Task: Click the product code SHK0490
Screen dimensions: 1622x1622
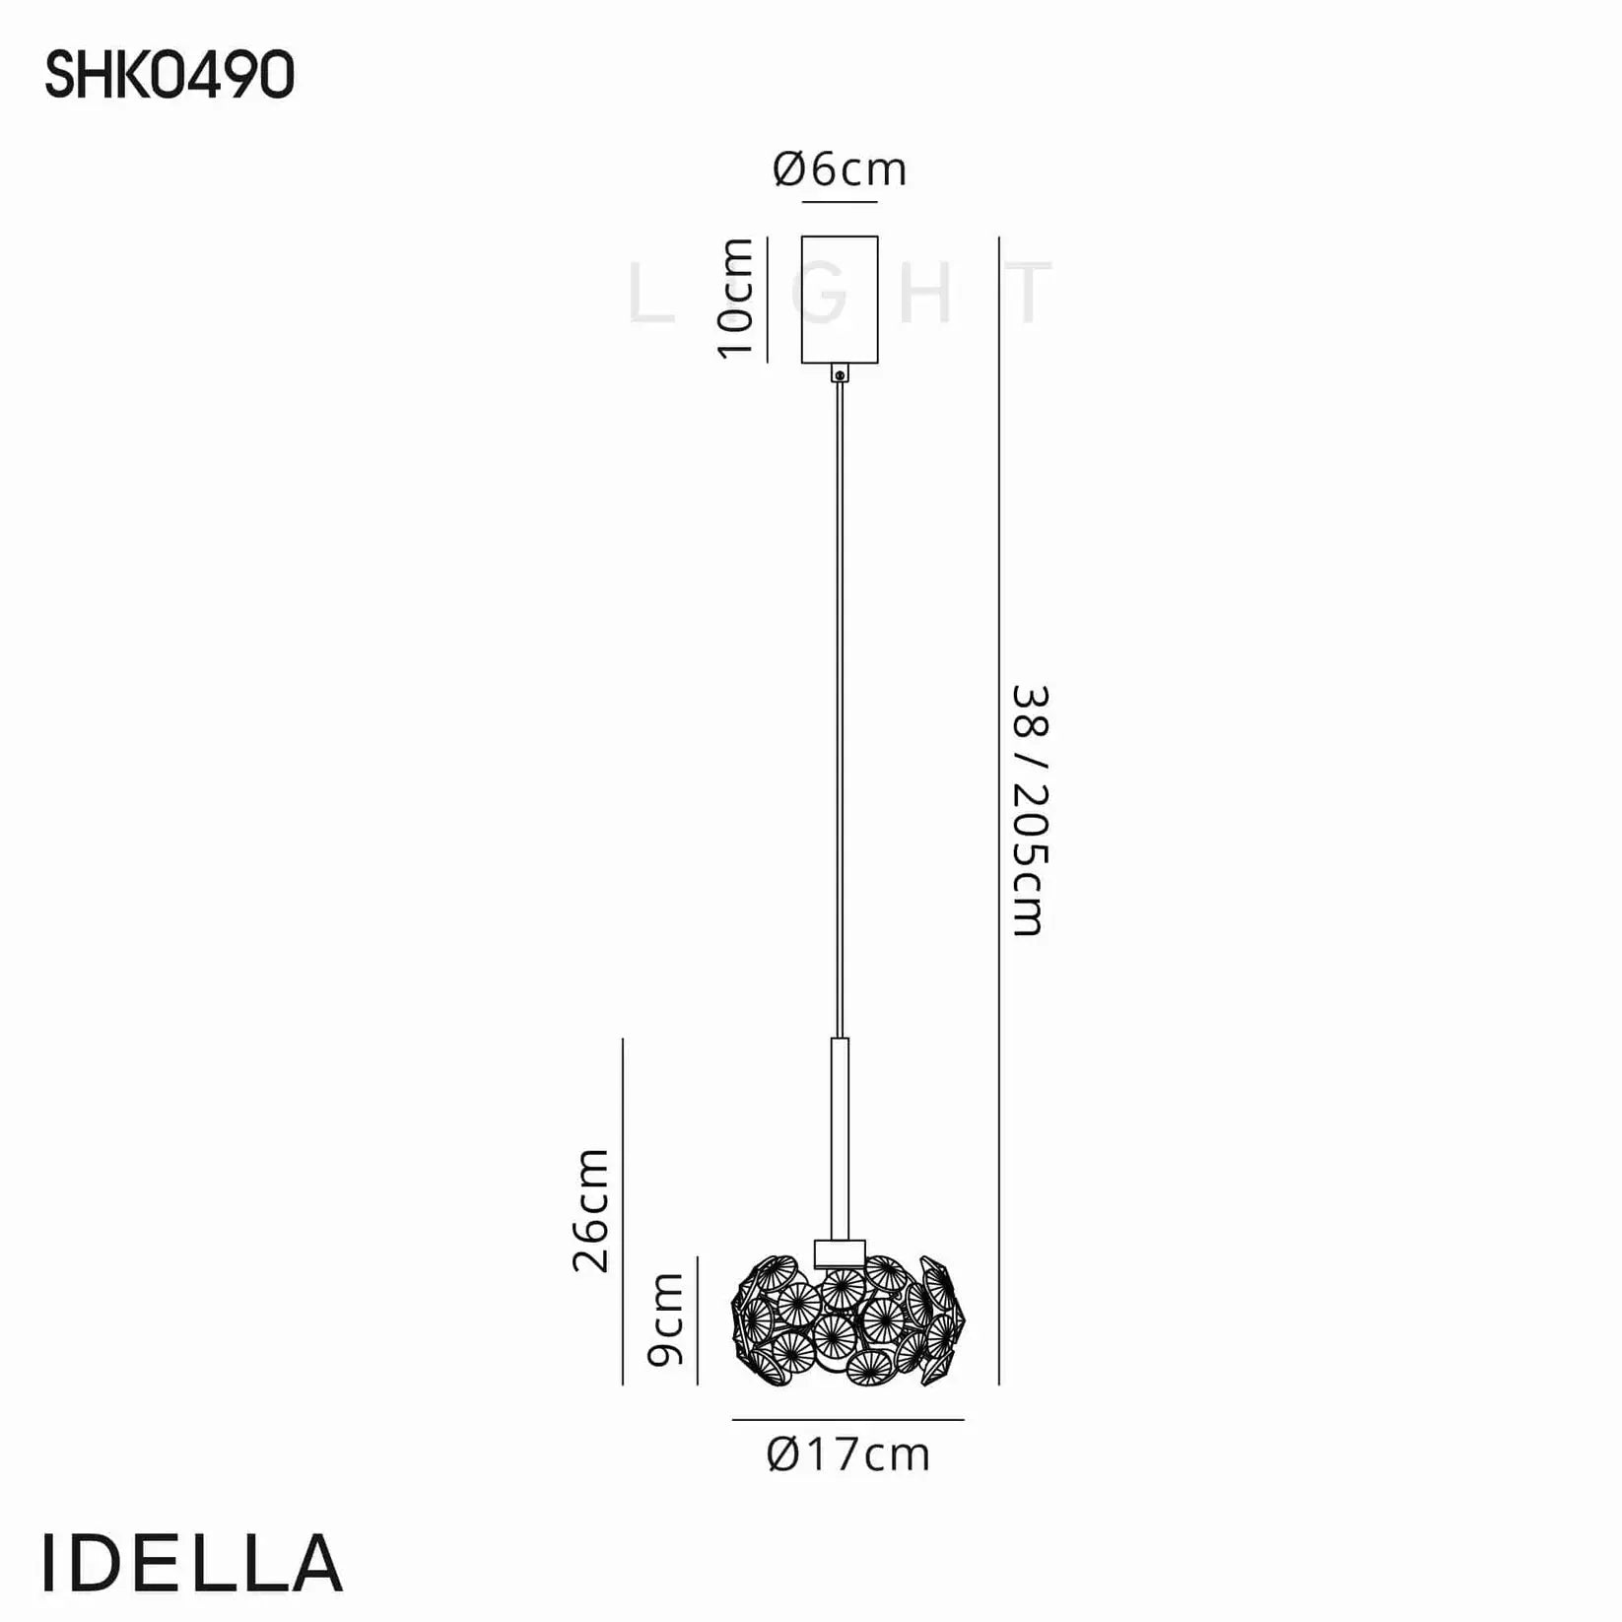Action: click(x=169, y=76)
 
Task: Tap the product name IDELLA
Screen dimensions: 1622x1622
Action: click(x=193, y=1564)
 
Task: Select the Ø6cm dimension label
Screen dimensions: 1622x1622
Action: click(x=840, y=169)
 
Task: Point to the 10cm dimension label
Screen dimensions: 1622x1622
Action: click(x=736, y=299)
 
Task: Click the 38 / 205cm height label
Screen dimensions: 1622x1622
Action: click(x=1030, y=810)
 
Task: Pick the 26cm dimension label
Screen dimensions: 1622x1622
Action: click(x=592, y=1210)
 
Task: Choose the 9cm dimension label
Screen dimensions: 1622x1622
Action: click(x=666, y=1319)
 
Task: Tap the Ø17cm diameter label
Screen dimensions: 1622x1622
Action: click(x=848, y=1455)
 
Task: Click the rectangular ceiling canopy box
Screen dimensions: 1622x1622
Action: click(x=840, y=300)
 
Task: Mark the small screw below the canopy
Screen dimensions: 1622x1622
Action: click(x=840, y=373)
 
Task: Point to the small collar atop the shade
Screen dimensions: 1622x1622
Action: click(x=840, y=1252)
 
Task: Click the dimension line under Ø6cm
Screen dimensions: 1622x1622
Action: click(x=840, y=202)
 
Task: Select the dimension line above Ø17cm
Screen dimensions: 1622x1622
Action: click(x=847, y=1420)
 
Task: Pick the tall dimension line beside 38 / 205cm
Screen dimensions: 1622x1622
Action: click(x=999, y=810)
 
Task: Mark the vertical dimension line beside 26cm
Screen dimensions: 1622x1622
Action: click(x=623, y=1210)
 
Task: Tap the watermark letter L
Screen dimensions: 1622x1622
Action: click(x=650, y=294)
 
